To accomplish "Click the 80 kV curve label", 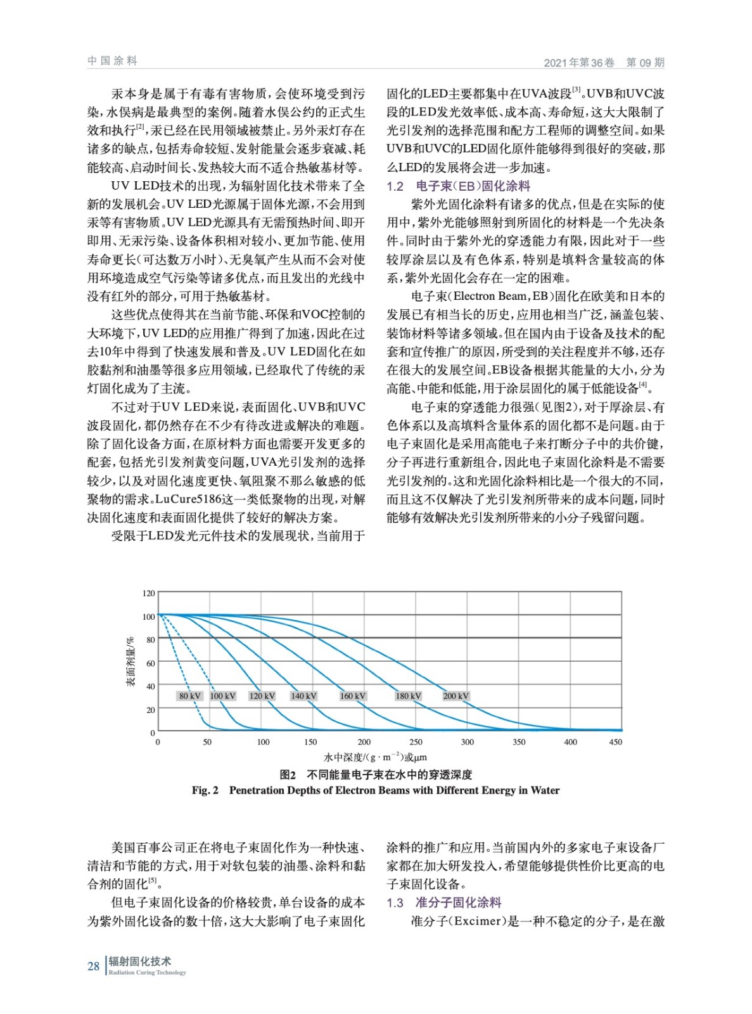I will point(189,696).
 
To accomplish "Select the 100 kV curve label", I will point(222,696).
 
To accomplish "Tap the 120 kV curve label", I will point(262,696).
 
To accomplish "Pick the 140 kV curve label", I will point(303,696).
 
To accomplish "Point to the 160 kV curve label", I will point(353,696).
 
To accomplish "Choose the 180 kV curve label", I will point(408,696).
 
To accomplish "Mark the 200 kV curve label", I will point(456,696).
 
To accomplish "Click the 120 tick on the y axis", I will point(148,593).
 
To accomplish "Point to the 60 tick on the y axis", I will point(151,663).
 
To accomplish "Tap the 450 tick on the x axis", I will point(615,742).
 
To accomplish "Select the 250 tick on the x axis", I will point(416,742).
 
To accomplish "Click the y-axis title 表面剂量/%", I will point(131,662).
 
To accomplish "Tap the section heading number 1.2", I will point(395,186).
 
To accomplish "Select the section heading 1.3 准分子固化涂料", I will point(444,902).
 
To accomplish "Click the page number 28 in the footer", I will point(93,966).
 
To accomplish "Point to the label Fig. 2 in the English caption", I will point(205,790).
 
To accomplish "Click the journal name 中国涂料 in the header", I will point(112,61).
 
